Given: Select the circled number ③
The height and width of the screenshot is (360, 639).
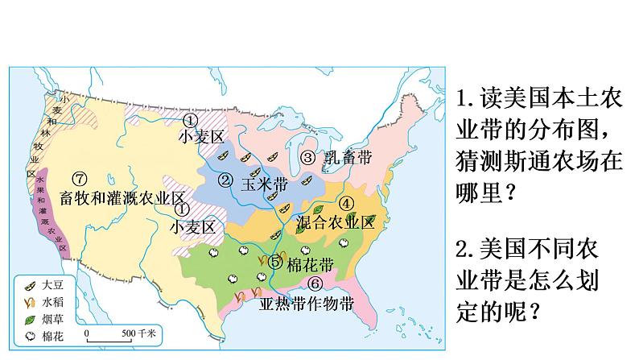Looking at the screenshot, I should [x=307, y=158].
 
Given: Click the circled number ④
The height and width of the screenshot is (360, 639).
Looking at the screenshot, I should [x=345, y=204].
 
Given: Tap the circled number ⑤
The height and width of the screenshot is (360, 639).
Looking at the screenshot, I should [x=276, y=261].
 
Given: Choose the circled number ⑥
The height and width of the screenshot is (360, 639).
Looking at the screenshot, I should [x=315, y=283].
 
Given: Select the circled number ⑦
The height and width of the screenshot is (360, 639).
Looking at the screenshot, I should [x=78, y=178].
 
